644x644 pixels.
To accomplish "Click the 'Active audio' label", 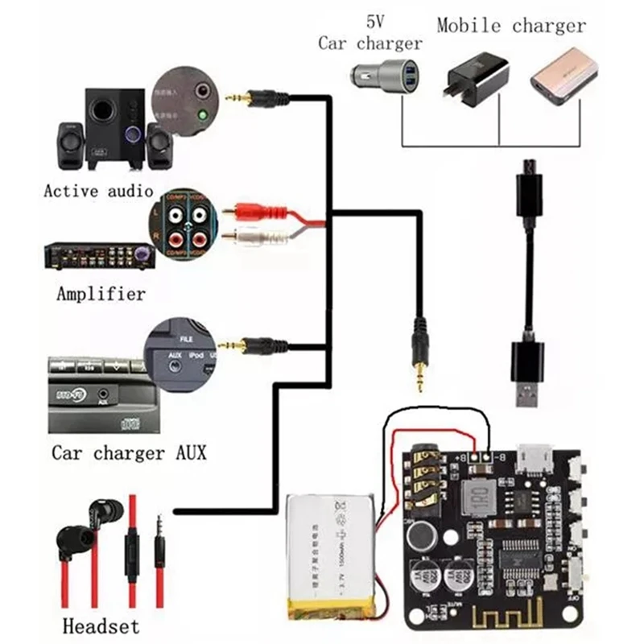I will (x=97, y=192).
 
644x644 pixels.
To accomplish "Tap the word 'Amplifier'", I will (x=101, y=294).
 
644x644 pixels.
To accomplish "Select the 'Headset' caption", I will (x=101, y=625).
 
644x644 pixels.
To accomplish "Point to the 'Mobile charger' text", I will (x=511, y=26).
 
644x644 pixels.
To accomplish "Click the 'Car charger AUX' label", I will (x=129, y=452).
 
